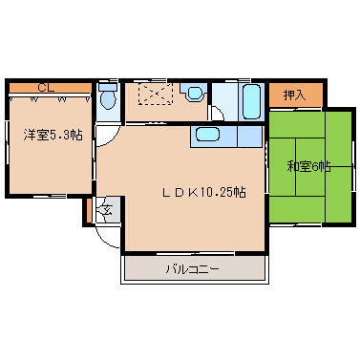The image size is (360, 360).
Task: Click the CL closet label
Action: (x=46, y=88)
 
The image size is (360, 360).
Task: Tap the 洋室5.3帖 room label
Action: (x=53, y=136)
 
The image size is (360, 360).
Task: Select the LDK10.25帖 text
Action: (x=204, y=192)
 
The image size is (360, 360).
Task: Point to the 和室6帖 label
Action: (x=308, y=166)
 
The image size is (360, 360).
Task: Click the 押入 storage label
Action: (x=295, y=95)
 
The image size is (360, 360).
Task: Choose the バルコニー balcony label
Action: (x=193, y=269)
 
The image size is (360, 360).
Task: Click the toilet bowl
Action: (x=108, y=99)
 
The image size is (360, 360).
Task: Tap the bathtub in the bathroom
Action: (x=252, y=102)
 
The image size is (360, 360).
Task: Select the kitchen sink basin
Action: (x=207, y=135)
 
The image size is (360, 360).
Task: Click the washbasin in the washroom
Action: (x=194, y=93)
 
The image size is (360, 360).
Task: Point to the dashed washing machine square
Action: (x=156, y=94)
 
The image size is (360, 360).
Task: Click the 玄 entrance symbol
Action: (x=107, y=210)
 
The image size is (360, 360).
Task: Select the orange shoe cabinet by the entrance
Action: (x=90, y=210)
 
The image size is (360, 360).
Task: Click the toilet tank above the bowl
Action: (x=108, y=87)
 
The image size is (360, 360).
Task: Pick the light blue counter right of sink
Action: (x=249, y=137)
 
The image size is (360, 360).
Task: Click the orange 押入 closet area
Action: (x=296, y=95)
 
